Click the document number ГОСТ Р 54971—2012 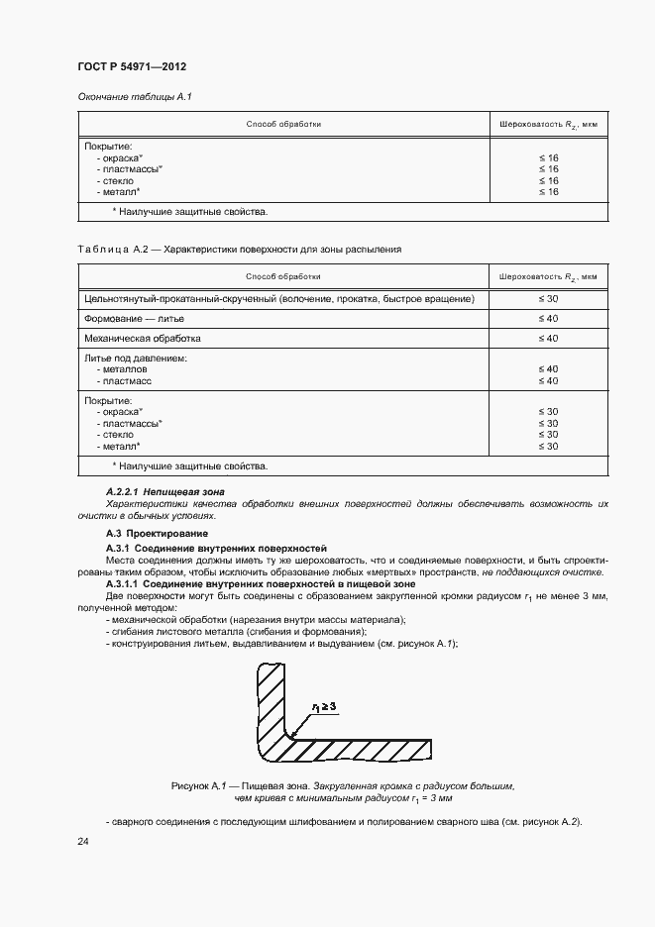pos(132,66)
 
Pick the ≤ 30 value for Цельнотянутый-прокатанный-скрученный pos(548,299)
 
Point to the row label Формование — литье pos(134,319)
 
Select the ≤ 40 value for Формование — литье pos(548,319)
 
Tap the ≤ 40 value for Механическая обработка pos(548,339)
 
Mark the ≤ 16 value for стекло pos(548,181)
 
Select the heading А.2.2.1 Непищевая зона pos(165,491)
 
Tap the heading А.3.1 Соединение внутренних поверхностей pos(216,548)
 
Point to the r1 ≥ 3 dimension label pos(326,706)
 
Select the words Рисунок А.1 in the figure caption pos(202,785)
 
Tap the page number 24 pos(83,842)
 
